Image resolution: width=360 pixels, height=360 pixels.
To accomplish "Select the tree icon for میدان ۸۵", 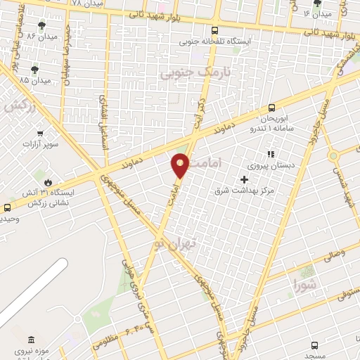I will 35,69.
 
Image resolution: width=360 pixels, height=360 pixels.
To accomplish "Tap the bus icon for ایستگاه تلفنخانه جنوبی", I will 214,30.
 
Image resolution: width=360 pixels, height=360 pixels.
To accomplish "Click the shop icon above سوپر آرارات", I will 40,132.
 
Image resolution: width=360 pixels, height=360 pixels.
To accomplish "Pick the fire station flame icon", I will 48,181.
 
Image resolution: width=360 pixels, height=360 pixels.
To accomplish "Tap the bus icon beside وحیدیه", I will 8,207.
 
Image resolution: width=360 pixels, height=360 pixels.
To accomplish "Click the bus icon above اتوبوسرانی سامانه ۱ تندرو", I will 271,108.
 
